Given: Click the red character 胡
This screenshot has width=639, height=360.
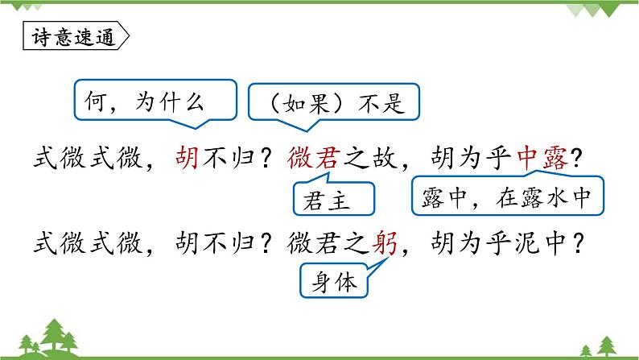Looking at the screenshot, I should coord(187,159).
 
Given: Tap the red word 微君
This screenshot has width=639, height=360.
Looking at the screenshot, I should coord(315,159).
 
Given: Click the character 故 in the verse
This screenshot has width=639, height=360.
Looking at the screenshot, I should coord(384,159).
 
